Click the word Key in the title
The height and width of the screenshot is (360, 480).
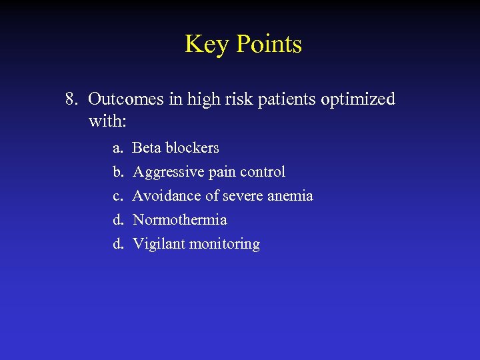[205, 45]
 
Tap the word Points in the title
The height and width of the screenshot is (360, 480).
[269, 45]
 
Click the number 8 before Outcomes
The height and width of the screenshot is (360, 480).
[71, 99]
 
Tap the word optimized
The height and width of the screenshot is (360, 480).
[358, 100]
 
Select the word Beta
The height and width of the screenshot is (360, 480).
[147, 147]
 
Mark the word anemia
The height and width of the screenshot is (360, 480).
[290, 196]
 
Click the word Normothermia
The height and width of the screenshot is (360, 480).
[180, 219]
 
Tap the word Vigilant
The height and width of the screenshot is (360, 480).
[159, 244]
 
